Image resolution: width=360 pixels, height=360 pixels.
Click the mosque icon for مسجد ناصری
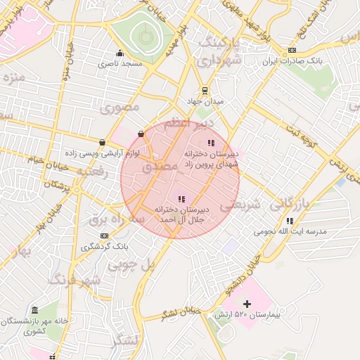[120, 53]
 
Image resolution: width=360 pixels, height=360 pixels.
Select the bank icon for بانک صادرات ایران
[292, 51]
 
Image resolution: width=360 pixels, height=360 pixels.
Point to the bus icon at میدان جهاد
[205, 90]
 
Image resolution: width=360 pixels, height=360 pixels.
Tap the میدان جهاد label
[205, 102]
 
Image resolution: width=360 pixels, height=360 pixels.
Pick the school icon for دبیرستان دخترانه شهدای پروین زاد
[212, 143]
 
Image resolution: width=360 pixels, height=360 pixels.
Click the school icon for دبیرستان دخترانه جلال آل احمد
[182, 199]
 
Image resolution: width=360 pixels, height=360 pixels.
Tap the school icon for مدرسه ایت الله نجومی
[290, 221]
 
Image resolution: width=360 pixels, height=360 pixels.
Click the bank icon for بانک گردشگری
[104, 236]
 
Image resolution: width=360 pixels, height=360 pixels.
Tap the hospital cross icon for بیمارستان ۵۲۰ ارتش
[246, 304]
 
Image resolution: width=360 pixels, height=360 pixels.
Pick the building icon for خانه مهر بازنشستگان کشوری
[35, 310]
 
